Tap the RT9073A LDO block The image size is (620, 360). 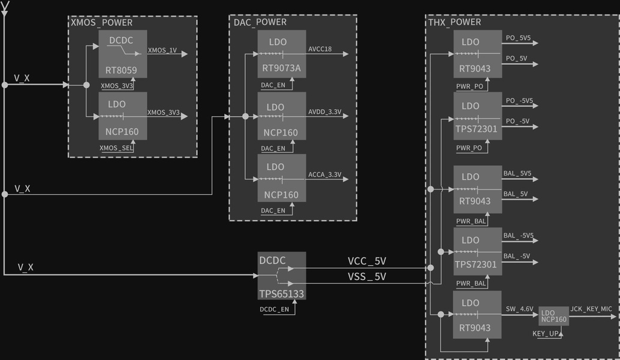click(x=281, y=55)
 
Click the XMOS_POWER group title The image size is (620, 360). click(x=102, y=23)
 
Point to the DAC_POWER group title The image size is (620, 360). click(x=260, y=22)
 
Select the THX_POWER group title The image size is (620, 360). click(x=455, y=22)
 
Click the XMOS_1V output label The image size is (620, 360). click(x=162, y=50)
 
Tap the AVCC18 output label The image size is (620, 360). click(x=320, y=49)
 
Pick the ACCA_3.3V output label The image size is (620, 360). click(x=324, y=175)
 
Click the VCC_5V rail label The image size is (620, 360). click(x=367, y=261)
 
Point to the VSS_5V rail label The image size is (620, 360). click(x=367, y=277)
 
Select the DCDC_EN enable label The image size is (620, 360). click(x=274, y=310)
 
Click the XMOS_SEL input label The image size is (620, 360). click(x=116, y=148)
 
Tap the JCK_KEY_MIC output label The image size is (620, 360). click(x=591, y=309)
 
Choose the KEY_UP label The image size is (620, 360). click(x=546, y=334)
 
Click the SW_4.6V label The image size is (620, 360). click(x=519, y=309)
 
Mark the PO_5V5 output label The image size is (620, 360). click(x=518, y=38)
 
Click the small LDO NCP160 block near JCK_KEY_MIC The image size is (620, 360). click(x=553, y=316)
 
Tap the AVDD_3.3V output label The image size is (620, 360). click(x=324, y=112)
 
